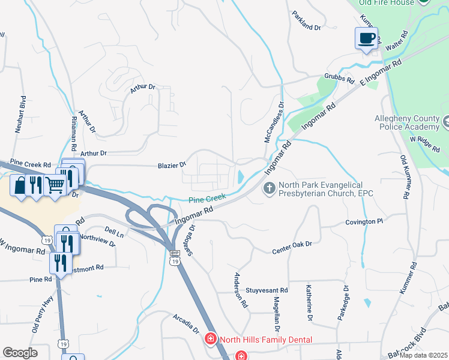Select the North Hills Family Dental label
265,340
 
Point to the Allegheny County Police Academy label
407,122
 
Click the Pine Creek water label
207,197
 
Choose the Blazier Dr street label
172,164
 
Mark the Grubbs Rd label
337,77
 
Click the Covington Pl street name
364,222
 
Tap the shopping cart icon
55,186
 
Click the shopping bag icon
20,186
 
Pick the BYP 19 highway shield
175,257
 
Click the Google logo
20,353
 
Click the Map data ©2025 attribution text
423,355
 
